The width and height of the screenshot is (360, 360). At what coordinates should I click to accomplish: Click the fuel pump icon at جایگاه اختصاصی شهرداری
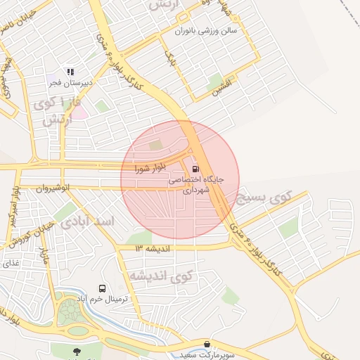click(195, 169)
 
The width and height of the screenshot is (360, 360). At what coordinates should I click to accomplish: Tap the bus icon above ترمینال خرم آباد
click(103, 288)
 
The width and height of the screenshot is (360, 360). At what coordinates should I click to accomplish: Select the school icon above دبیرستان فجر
click(69, 72)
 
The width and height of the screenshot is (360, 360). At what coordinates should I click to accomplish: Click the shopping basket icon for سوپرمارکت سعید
click(207, 345)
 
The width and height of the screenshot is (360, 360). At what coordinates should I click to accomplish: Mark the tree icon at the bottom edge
click(76, 352)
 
